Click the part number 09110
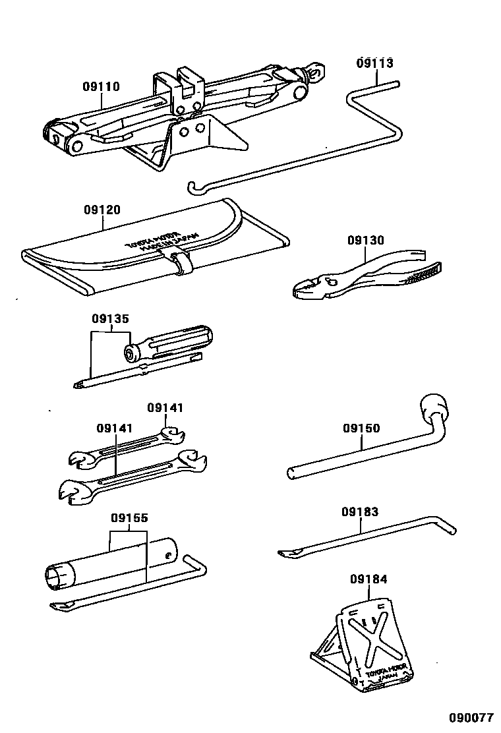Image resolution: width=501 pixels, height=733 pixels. (x=101, y=86)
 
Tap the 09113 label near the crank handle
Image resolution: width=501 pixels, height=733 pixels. (x=374, y=63)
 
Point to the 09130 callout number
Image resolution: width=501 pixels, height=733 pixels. (x=366, y=241)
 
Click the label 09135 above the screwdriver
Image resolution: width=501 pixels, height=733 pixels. (x=110, y=319)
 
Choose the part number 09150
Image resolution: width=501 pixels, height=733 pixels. (x=361, y=428)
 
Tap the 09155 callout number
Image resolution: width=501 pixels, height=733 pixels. (x=129, y=518)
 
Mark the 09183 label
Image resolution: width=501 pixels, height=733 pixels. (x=360, y=512)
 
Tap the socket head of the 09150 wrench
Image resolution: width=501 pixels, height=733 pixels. (x=433, y=403)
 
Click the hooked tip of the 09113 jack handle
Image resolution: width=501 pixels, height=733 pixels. (x=192, y=189)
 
